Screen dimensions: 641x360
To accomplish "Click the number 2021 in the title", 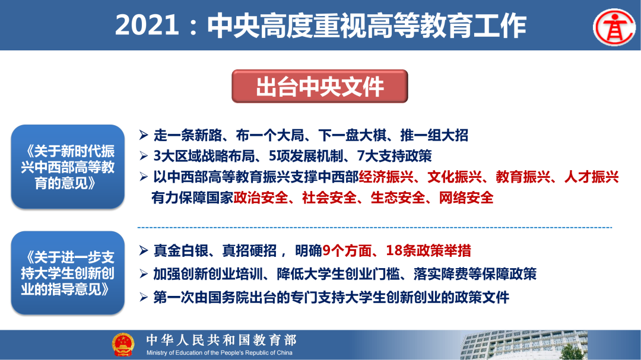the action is point(147,26).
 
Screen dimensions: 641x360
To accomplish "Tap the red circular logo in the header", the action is point(614,27).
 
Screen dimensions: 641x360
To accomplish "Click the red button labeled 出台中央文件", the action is point(320,86).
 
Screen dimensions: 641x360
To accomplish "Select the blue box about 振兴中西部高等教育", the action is point(68,167).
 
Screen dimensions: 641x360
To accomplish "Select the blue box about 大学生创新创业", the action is point(68,273).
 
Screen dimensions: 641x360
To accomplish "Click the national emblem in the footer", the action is point(123,345).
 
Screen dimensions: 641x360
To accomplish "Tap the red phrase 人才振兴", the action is point(592,177).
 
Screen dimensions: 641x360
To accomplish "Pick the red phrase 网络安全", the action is point(467,197).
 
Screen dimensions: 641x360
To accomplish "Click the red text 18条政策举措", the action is point(429,250).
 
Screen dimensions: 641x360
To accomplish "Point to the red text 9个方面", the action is point(347,250).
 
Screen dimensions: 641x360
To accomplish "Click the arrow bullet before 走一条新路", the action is point(144,135).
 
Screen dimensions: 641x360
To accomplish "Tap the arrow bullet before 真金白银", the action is point(144,250).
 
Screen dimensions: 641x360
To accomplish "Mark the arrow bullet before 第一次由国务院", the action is point(144,297).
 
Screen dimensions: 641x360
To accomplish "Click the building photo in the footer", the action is point(523,345).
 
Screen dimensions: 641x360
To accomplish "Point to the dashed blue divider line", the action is point(375,227).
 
